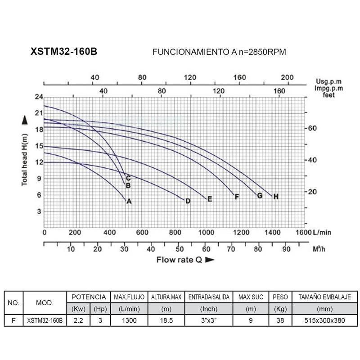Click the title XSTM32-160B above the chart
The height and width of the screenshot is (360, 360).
pyautogui.click(x=63, y=52)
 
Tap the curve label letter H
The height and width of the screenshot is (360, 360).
pyautogui.click(x=276, y=197)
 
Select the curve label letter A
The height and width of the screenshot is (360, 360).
pyautogui.click(x=129, y=202)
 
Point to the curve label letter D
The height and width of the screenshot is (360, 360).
pyautogui.click(x=188, y=201)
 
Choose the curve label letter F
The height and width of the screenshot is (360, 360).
pyautogui.click(x=237, y=197)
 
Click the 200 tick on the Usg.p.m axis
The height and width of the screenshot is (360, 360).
pyautogui.click(x=286, y=77)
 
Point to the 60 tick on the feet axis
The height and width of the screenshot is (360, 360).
pyautogui.click(x=313, y=128)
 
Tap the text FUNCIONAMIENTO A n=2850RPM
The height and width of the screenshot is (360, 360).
pyautogui.click(x=220, y=52)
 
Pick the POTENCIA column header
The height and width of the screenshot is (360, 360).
pyautogui.click(x=89, y=297)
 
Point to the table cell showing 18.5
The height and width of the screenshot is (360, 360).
pyautogui.click(x=166, y=320)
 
